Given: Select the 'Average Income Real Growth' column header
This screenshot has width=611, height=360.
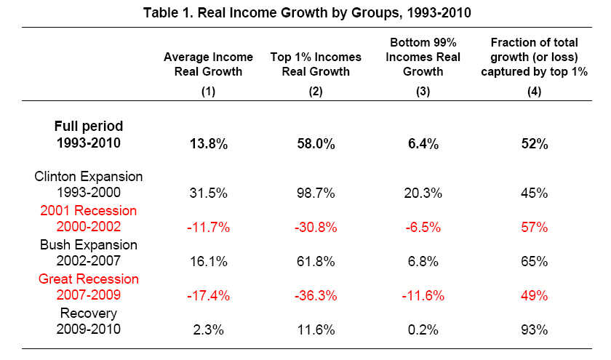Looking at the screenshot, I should [208, 64].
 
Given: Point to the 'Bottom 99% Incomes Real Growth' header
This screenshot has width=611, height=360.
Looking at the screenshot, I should [423, 64].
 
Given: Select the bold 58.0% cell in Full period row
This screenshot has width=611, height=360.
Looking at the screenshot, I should [314, 144].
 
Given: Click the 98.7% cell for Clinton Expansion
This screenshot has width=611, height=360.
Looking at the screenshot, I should [314, 193].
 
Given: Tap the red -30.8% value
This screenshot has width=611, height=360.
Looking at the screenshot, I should [314, 227].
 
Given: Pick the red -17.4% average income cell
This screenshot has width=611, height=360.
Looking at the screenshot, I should [208, 295].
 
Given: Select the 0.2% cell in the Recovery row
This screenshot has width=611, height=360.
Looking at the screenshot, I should [423, 329].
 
